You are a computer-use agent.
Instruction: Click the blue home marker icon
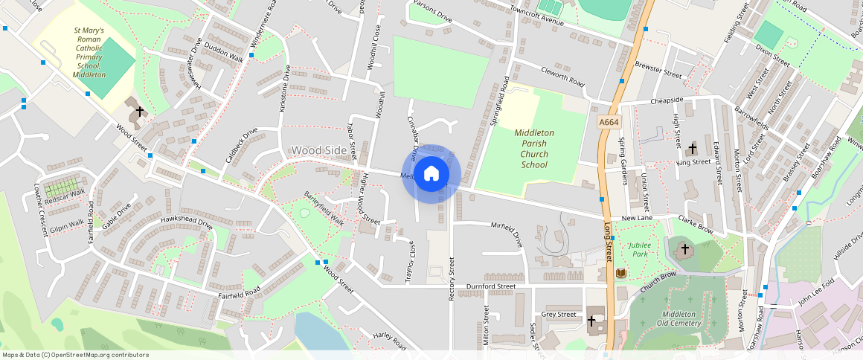431,174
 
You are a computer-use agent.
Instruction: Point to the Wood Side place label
318,150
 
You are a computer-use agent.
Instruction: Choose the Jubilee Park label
639,249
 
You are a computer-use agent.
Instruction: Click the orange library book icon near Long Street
620,274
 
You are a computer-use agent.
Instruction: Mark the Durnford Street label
490,286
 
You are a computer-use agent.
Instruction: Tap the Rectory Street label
451,279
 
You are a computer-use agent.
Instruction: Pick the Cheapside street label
667,100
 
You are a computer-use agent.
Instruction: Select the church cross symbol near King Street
693,149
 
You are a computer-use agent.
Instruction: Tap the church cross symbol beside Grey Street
591,321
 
